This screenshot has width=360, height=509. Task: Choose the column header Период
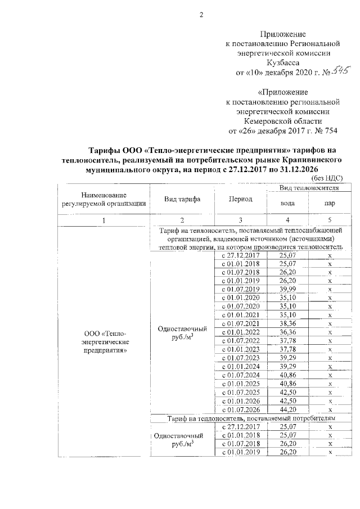coord(240,200)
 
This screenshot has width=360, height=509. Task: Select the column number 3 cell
coord(240,220)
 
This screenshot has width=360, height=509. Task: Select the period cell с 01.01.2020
coord(240,297)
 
